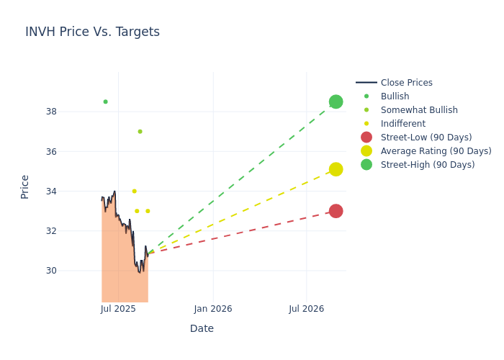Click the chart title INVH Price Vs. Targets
[x=92, y=32]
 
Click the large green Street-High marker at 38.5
[x=336, y=102]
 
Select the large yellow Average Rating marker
[x=336, y=169]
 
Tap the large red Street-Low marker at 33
[x=336, y=211]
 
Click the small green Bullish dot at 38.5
[x=105, y=102]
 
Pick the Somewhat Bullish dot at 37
[x=140, y=131]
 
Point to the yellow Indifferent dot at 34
[x=134, y=191]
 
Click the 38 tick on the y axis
[x=51, y=112]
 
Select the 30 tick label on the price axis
[x=51, y=271]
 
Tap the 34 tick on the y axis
[x=51, y=192]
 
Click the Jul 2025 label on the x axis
[x=118, y=309]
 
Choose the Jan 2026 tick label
[x=213, y=309]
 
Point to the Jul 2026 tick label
[x=306, y=309]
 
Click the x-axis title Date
[x=202, y=328]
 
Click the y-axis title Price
[x=25, y=186]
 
